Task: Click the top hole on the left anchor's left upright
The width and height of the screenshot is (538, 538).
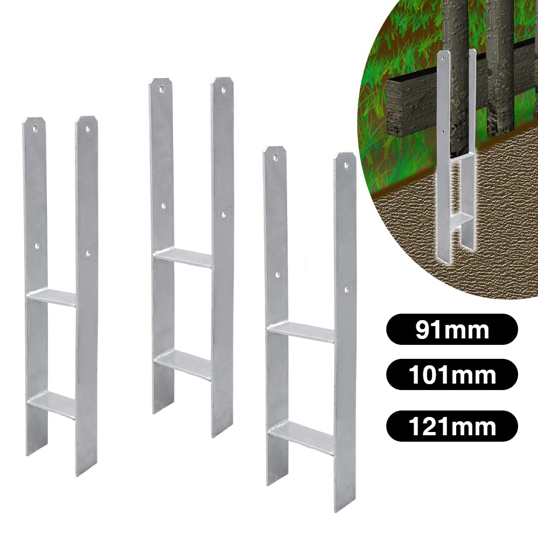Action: coord(34,130)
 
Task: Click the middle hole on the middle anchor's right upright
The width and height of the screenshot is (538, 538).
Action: coord(223,214)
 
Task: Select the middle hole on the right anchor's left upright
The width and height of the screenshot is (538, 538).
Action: coord(278,275)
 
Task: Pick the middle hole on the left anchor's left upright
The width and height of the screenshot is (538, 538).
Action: coord(37,245)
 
